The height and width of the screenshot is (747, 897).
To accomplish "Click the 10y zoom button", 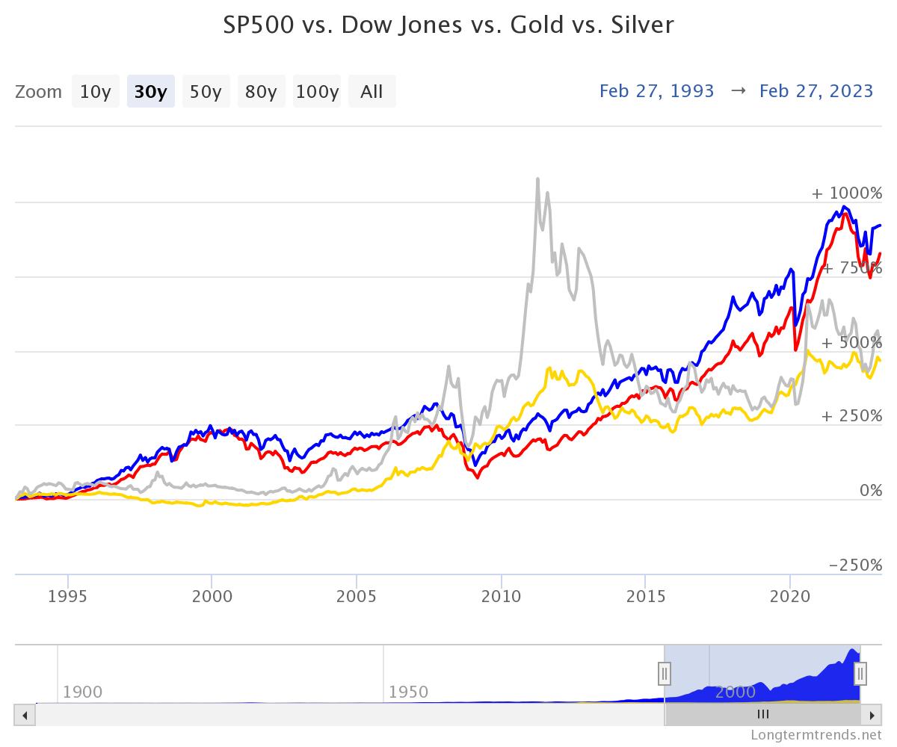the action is point(96,91).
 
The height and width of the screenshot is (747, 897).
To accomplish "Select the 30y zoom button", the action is point(151,91).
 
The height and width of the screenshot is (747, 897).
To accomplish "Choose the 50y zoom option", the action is point(206,91).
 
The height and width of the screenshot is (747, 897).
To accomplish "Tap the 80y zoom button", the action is point(261,91).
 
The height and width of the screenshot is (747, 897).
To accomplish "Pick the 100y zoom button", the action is point(317,91).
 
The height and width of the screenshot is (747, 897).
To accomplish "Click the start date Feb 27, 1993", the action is point(656,91).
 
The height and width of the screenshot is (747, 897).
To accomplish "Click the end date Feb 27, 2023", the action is point(816,91).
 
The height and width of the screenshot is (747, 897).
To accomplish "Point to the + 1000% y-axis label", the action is point(847,193).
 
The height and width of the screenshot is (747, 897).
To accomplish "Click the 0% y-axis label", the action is point(871,490).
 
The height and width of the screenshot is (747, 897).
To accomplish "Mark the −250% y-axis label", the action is point(855,565).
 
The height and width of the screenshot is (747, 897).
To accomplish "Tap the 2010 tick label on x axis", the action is point(501,596).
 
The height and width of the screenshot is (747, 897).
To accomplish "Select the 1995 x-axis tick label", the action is point(67,596).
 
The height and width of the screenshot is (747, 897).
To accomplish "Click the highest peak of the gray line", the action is point(538,179).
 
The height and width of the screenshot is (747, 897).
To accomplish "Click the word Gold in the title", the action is point(537,25).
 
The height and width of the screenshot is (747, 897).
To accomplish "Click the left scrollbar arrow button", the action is point(25,715).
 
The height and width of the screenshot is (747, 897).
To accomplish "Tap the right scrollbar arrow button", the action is point(872,715).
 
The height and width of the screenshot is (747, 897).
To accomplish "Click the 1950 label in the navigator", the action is point(408,692).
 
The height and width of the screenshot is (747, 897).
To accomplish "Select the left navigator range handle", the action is point(665,674).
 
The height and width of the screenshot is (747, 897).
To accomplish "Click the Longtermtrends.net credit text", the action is point(816,734).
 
